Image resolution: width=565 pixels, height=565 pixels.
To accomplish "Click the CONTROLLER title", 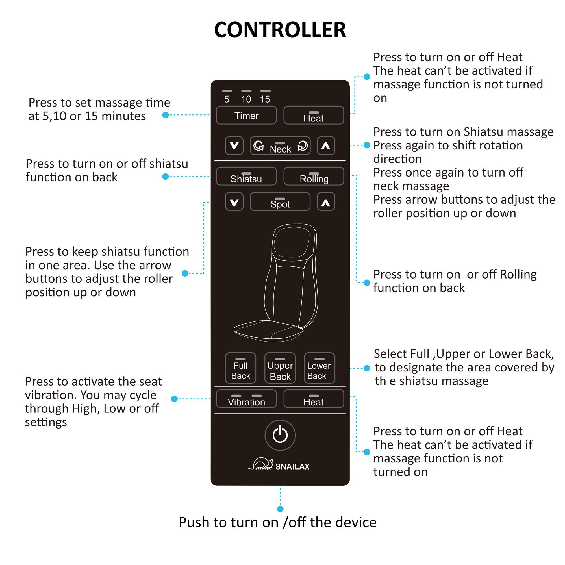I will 280,30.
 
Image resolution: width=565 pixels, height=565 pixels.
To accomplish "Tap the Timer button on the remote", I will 246,116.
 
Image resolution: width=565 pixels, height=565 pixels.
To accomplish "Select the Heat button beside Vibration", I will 314,399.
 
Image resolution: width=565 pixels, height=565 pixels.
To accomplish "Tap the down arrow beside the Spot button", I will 234,202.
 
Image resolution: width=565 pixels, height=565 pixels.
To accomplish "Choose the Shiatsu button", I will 246,176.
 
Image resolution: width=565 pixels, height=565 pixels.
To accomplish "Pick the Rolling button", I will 314,176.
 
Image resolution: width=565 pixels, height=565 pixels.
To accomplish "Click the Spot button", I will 280,202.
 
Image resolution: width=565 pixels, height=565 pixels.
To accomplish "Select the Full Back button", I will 240,368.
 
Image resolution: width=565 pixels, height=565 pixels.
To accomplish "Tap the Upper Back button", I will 280,368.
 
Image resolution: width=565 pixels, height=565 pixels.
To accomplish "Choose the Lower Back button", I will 319,368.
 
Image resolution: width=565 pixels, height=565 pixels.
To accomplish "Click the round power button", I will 280,435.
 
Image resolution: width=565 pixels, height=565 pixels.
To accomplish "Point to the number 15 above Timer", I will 265,99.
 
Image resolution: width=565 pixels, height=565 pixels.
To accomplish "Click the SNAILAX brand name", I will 292,466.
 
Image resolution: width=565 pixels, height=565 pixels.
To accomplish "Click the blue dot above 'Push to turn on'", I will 280,509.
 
